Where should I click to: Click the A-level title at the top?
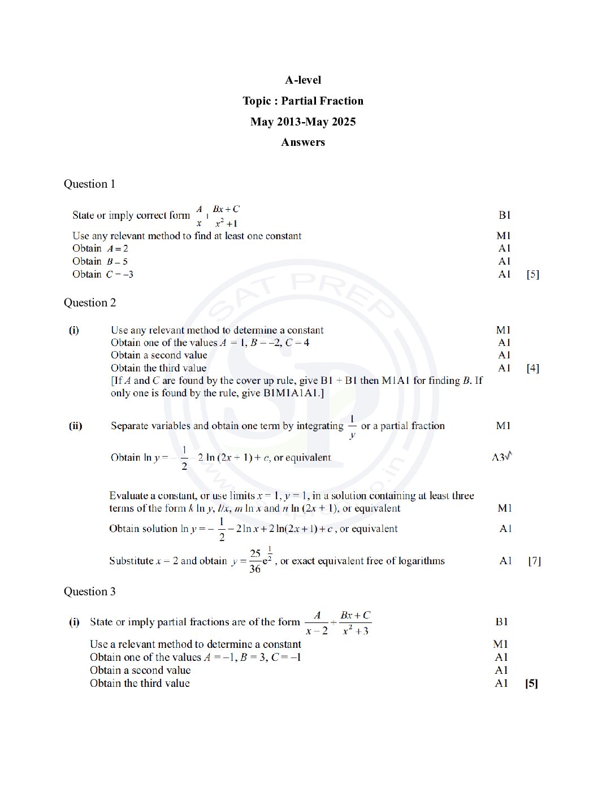pyautogui.click(x=303, y=80)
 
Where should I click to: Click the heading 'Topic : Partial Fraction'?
pyautogui.click(x=303, y=101)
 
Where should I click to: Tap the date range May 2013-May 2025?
pyautogui.click(x=303, y=122)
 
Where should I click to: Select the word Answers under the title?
pyautogui.click(x=303, y=142)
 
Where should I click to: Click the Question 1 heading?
pyautogui.click(x=89, y=184)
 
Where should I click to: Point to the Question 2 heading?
pyautogui.click(x=89, y=303)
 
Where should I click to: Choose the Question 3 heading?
pyautogui.click(x=89, y=592)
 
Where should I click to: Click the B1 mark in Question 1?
pyautogui.click(x=504, y=215)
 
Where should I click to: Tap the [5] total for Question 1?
pyautogui.click(x=532, y=275)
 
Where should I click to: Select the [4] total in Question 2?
pyautogui.click(x=532, y=369)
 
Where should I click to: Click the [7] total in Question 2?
pyautogui.click(x=534, y=561)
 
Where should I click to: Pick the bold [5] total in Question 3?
pyautogui.click(x=531, y=683)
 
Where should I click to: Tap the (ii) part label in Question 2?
pyautogui.click(x=76, y=426)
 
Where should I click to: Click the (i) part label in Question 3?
pyautogui.click(x=74, y=622)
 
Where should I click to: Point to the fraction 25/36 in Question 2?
pyautogui.click(x=255, y=561)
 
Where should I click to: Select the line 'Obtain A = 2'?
pyautogui.click(x=100, y=249)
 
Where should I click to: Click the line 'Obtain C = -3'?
pyautogui.click(x=103, y=275)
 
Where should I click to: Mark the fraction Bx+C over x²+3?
pyautogui.click(x=355, y=623)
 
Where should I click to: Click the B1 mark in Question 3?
pyautogui.click(x=501, y=622)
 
